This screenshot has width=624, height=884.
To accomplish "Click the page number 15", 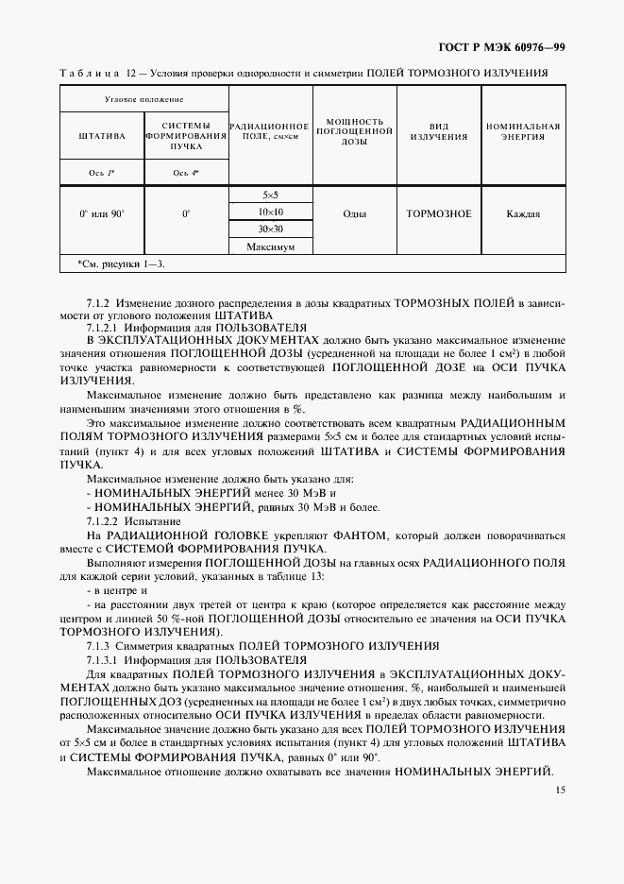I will click(560, 790).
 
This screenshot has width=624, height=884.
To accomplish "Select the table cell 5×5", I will click(270, 195).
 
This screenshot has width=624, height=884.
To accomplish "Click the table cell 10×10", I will click(270, 212).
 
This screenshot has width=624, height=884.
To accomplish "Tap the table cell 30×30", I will click(270, 229).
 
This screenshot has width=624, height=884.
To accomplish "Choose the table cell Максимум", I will click(270, 246).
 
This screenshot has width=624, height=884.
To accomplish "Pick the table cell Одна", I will click(354, 213).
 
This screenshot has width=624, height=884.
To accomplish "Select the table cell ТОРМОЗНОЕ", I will click(438, 213).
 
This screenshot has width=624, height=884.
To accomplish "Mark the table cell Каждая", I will click(523, 213).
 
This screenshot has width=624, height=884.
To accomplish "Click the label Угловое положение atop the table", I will click(143, 99).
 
